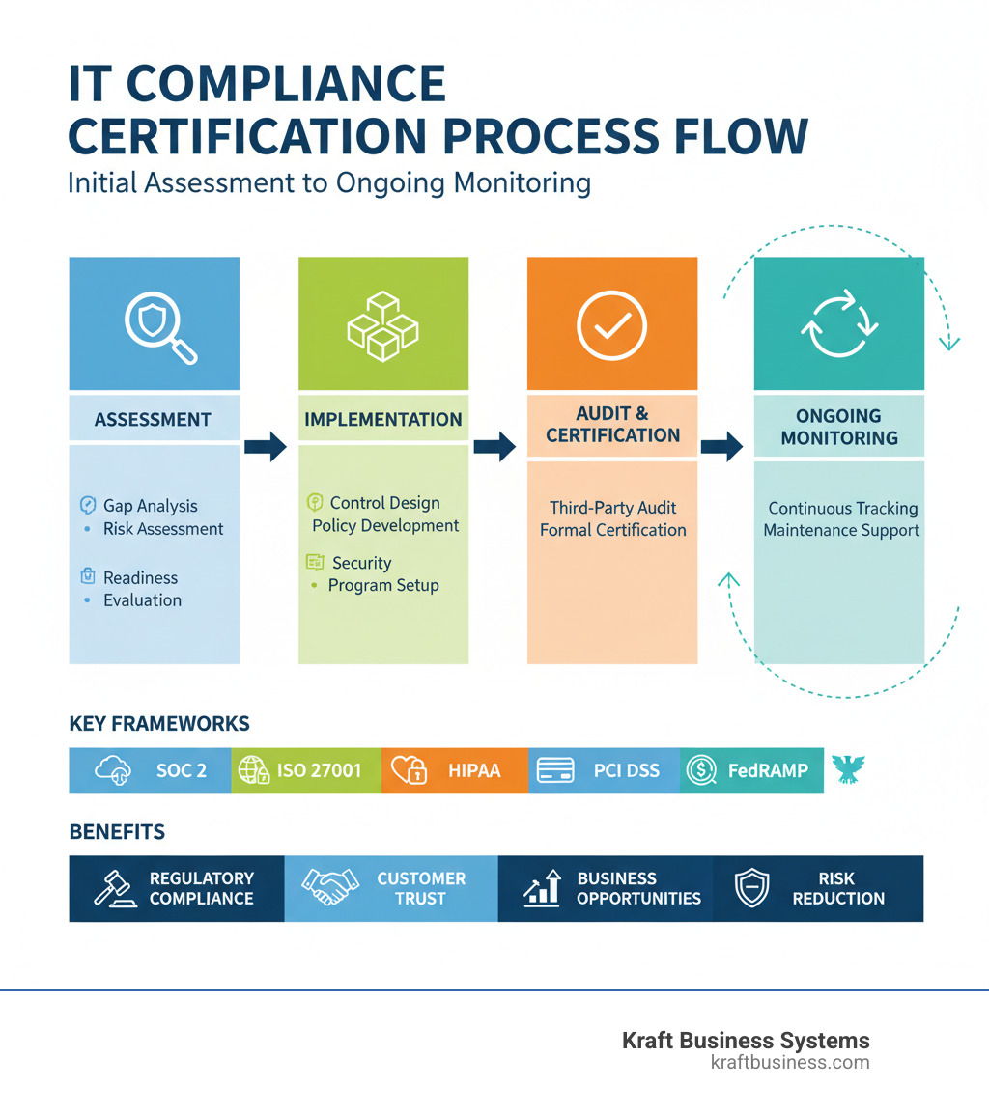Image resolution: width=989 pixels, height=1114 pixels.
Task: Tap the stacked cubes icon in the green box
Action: point(382,326)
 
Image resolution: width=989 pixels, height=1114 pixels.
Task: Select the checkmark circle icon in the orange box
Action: point(611,326)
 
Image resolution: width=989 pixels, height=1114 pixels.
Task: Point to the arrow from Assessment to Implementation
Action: point(266,446)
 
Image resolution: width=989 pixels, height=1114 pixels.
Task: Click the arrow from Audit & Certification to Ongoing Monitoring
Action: point(721,446)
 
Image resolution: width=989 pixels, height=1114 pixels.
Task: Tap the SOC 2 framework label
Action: point(181,770)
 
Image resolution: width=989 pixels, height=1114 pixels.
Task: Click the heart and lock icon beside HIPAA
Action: point(410,769)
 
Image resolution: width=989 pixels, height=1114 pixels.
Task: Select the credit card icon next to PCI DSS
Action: point(555,770)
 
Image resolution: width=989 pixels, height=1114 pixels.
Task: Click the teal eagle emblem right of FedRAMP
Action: point(848,768)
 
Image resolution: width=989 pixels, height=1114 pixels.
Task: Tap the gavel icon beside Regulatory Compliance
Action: point(116,888)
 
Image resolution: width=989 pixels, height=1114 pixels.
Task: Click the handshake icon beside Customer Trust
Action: point(325,888)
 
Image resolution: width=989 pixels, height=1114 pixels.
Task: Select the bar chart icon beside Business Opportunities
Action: point(543,888)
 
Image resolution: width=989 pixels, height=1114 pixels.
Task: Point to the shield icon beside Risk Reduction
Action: point(752,888)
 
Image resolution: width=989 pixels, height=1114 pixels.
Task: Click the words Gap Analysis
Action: point(150,506)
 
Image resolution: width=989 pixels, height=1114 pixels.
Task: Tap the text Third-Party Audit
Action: point(612,508)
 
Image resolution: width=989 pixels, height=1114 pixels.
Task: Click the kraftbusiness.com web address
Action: point(789,1063)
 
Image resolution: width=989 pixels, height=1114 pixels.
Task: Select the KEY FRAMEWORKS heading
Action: point(159,723)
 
